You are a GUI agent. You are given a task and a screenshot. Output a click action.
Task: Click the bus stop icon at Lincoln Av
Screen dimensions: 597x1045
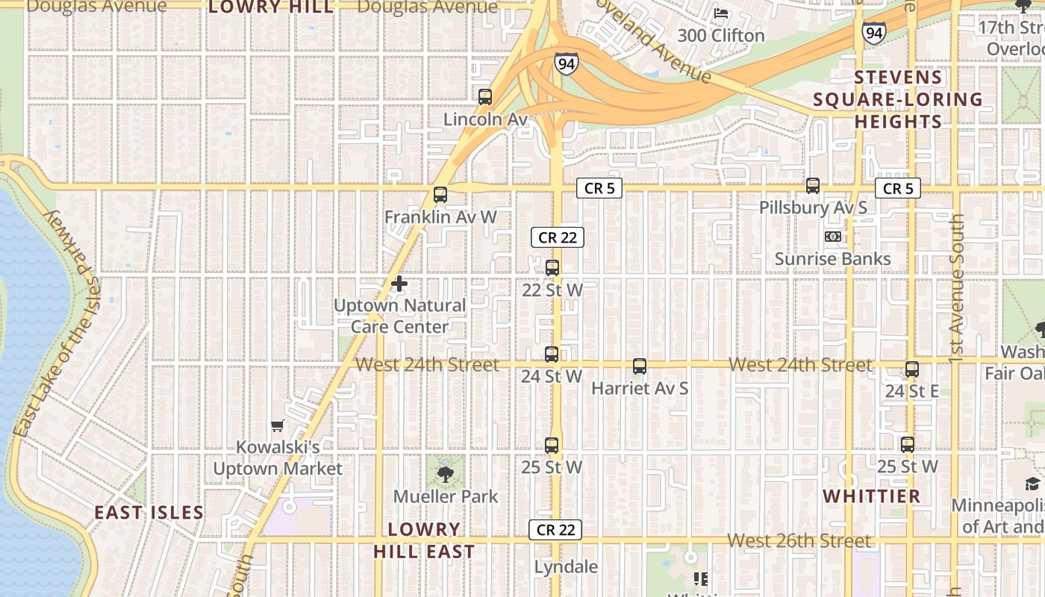point(485,97)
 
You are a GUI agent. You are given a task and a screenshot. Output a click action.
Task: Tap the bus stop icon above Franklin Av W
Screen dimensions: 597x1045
point(440,195)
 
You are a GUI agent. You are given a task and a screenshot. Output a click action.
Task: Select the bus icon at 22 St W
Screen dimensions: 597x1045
point(552,268)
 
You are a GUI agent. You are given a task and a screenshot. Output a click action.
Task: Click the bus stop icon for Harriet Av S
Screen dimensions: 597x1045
point(640,366)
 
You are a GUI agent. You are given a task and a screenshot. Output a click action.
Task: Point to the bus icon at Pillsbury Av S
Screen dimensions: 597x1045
point(813,186)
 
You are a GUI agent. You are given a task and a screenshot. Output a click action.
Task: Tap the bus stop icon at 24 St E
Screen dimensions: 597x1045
point(912,369)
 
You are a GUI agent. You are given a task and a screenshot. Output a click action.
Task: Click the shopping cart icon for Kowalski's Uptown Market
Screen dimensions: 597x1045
point(278,426)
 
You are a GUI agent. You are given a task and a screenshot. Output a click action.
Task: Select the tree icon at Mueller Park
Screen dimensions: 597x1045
point(446,474)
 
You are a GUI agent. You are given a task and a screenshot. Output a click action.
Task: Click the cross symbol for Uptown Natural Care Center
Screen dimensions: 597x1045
point(399,284)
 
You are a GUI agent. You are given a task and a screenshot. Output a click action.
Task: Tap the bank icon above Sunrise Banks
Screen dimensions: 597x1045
point(832,237)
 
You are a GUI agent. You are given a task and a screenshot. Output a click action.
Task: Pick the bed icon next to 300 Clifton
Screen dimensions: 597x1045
point(721,13)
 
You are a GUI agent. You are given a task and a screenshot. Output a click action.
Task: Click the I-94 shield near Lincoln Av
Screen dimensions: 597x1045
point(567,63)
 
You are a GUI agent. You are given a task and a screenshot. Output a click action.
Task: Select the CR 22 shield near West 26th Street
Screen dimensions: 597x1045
point(555,530)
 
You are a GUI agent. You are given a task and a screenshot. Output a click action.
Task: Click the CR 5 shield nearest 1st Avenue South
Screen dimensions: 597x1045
point(898,189)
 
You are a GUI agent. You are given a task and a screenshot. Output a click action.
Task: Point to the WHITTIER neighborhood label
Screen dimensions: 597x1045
point(872,496)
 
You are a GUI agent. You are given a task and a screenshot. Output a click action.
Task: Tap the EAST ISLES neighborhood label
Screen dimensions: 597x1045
point(149,513)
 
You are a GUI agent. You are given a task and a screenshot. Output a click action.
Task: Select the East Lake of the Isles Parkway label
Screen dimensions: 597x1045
point(56,321)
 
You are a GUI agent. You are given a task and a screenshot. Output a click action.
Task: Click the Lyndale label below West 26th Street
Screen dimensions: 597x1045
point(566,567)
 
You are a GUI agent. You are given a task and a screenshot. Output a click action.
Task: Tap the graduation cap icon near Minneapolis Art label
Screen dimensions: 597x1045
point(1032,484)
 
